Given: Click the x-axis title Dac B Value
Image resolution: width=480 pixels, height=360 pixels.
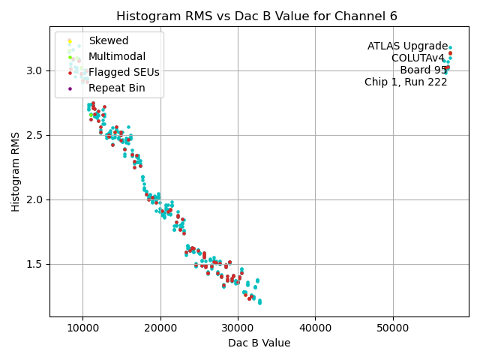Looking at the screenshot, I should click(259, 343).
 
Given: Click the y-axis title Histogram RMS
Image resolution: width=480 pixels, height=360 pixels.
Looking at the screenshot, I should click(16, 172).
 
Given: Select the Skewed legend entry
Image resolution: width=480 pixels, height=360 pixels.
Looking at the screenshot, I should click(108, 40).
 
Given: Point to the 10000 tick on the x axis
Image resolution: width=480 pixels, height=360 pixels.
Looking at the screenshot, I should click(82, 328).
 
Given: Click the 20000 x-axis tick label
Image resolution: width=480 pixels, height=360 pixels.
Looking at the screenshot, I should click(160, 328).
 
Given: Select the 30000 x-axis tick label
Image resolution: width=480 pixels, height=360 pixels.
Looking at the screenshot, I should click(238, 328).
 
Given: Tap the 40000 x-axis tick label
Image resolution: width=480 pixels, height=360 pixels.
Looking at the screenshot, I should click(315, 328).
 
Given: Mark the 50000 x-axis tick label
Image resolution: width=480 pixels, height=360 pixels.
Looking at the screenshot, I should click(393, 328).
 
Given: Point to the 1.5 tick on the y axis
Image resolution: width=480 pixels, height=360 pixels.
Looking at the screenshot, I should click(34, 264).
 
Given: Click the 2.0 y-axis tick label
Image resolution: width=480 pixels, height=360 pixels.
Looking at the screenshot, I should click(34, 199).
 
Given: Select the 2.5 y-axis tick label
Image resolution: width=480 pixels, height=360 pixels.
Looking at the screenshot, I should click(34, 135).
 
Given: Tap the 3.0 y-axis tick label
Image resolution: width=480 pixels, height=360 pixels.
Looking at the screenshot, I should click(34, 70).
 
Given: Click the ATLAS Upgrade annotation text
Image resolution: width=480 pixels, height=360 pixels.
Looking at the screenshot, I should click(407, 46).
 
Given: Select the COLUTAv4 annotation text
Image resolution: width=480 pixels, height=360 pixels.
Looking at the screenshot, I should click(418, 58).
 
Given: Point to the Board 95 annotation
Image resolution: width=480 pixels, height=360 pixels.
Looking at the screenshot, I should click(423, 70).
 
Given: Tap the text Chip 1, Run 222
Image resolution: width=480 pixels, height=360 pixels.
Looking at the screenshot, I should click(406, 82).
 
